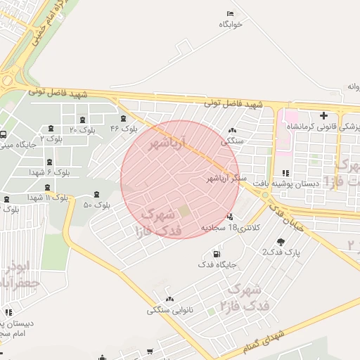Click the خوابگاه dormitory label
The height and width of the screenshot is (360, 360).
[230, 25]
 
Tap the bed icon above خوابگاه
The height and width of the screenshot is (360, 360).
[230, 14]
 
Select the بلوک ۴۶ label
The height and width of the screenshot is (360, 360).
[124, 129]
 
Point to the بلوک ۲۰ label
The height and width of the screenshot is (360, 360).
[83, 130]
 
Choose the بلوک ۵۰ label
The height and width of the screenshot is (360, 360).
[97, 205]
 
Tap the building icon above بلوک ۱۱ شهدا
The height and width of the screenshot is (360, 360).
[47, 187]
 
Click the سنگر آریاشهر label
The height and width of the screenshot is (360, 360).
[227, 179]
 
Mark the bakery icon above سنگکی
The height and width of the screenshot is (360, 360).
[233, 130]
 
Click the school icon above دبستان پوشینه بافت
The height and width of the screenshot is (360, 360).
[285, 173]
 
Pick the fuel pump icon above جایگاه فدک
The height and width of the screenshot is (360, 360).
[214, 254]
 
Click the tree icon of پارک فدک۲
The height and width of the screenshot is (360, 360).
[281, 243]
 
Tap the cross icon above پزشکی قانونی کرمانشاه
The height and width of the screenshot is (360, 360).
[323, 115]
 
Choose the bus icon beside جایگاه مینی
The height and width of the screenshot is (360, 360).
[4, 135]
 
